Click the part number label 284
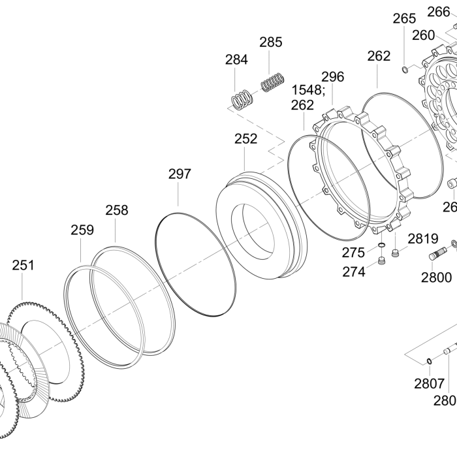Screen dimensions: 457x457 (x=236, y=59)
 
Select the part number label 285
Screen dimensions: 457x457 (x=271, y=42)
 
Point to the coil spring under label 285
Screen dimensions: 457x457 (x=272, y=82)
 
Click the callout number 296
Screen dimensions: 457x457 (x=332, y=76)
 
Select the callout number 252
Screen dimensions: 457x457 (x=245, y=138)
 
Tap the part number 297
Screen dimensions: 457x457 (x=180, y=174)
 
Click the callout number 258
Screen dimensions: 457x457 (x=117, y=210)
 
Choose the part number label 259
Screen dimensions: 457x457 (x=82, y=230)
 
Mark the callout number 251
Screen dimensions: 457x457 (x=23, y=265)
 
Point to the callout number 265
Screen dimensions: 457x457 (x=404, y=19)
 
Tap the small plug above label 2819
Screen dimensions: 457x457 (x=396, y=253)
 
